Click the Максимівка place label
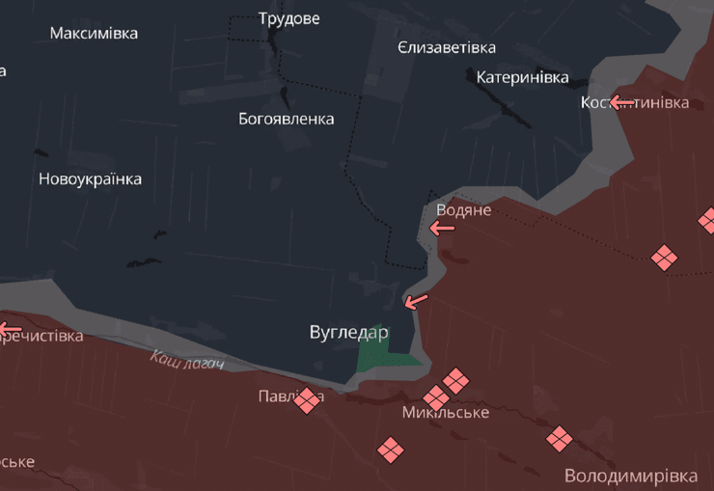94,33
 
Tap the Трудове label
289,18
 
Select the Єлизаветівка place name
447,47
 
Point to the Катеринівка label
522,77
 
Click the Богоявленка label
287,119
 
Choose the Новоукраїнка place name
90,178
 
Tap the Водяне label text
464,209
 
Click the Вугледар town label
348,332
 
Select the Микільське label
446,413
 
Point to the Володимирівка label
631,476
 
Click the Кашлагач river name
187,360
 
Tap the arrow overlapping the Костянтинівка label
620,102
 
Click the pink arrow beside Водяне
442,228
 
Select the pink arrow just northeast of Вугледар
417,301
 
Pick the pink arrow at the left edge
9,330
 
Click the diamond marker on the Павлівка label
308,399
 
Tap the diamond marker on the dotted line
664,258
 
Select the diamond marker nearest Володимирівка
560,439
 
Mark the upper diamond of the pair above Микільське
455,380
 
